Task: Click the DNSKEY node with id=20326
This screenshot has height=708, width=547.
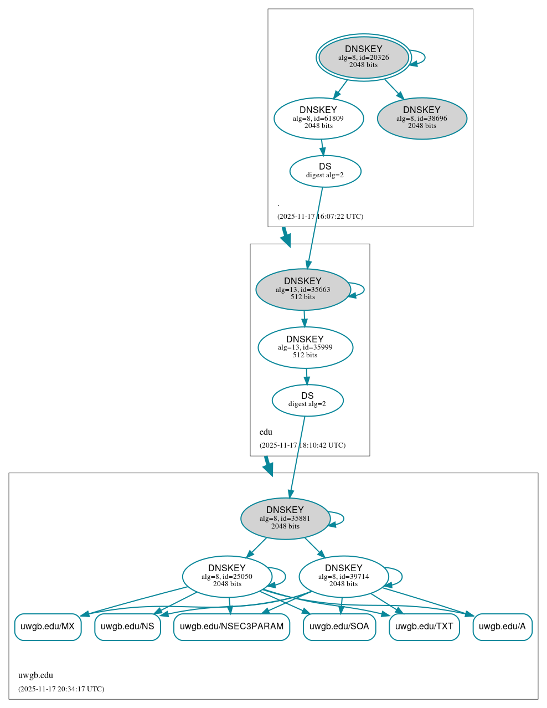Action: point(364,57)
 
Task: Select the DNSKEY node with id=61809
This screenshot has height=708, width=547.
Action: point(318,118)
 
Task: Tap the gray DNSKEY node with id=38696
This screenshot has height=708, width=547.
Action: point(422,118)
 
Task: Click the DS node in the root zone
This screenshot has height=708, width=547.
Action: point(325,171)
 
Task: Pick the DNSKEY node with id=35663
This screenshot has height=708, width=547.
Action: point(303,289)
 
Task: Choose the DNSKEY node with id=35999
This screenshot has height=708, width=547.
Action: point(305,347)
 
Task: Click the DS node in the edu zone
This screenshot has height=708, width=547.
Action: point(307,400)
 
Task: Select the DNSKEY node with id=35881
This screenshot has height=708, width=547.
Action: point(285,519)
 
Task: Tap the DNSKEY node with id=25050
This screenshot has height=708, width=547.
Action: point(227,577)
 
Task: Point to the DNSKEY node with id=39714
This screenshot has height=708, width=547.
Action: point(343,577)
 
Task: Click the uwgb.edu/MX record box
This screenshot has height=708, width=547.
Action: point(48,627)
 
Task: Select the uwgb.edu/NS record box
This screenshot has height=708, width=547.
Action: point(127,627)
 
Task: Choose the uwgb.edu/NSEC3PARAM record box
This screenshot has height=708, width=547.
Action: point(231,627)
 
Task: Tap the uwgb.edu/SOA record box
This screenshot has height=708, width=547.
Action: point(339,627)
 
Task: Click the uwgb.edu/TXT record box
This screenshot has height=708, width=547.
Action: point(424,627)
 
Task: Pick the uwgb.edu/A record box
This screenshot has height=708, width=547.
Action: point(502,627)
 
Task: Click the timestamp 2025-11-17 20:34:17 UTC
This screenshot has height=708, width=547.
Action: point(61,689)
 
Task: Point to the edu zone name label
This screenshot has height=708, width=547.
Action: point(266,432)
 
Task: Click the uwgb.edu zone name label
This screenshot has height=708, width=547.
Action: point(35,675)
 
